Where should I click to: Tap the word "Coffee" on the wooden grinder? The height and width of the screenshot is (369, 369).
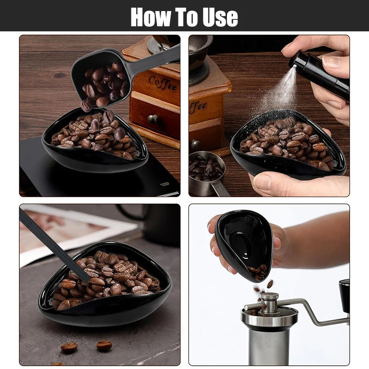point(162,83)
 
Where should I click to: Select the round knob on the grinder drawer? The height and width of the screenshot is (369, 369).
point(153,119)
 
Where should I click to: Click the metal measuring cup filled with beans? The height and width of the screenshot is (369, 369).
point(207,173)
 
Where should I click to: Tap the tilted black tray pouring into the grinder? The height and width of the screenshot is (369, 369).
point(244,244)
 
